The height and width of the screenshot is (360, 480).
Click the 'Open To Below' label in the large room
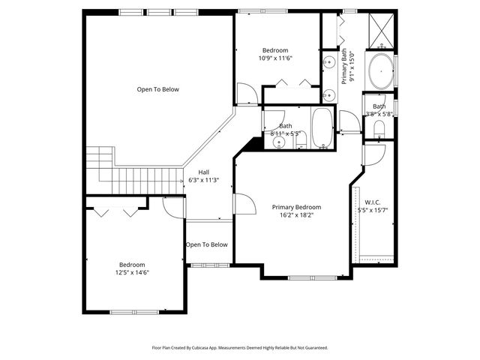(157, 89)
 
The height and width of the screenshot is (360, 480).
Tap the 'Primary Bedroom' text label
(296, 207)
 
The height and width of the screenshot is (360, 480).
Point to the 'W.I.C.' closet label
(373, 202)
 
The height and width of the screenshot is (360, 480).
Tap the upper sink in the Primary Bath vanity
(328, 61)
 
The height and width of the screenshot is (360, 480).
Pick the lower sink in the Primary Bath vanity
(328, 94)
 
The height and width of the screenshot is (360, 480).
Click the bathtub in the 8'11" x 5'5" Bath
(323, 127)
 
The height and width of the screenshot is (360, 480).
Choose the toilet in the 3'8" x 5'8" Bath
(379, 135)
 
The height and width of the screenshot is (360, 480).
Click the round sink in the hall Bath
(279, 142)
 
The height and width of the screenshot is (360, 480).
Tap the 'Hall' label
(203, 172)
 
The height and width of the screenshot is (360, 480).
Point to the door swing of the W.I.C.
(371, 154)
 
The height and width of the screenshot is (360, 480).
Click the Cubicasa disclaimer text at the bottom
(239, 347)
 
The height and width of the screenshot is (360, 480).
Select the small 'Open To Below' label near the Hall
(206, 244)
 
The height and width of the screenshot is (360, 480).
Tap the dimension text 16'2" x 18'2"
(296, 215)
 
